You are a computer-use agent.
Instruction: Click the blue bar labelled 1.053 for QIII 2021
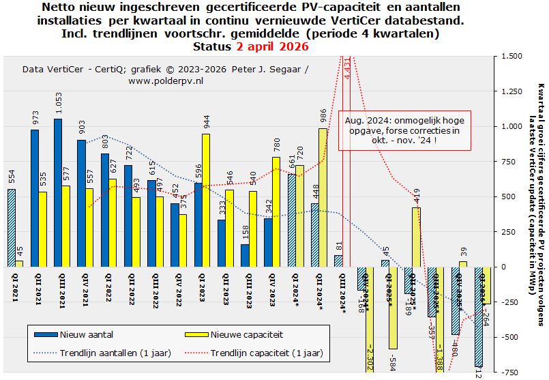pyautogui.click(x=58, y=192)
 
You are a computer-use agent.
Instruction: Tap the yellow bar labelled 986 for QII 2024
pyautogui.click(x=323, y=197)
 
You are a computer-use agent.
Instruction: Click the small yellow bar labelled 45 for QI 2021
pyautogui.click(x=19, y=263)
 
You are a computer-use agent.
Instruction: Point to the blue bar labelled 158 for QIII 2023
pyautogui.click(x=245, y=255)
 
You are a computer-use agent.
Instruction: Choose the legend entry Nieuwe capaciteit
pyautogui.click(x=235, y=335)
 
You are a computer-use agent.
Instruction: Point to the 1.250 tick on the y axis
pyautogui.click(x=512, y=91)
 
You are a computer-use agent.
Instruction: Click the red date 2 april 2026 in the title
pyautogui.click(x=272, y=47)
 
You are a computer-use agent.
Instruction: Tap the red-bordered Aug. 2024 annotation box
pyautogui.click(x=405, y=130)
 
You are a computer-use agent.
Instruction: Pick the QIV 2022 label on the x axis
pyautogui.click(x=178, y=291)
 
